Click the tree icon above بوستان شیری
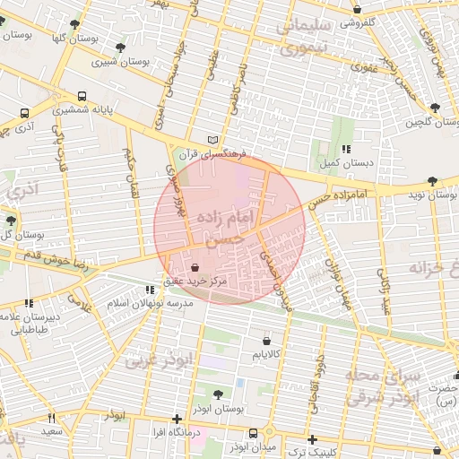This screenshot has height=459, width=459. [x=121, y=48]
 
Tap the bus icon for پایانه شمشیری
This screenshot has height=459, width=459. [x=82, y=94]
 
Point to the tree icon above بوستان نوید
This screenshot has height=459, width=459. [x=434, y=180]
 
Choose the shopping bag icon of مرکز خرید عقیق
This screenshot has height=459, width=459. [x=195, y=267]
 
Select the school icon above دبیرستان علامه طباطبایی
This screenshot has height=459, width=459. [x=29, y=303]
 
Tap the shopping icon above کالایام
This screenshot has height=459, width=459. [x=267, y=341]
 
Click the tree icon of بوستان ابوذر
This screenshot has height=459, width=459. [x=219, y=394]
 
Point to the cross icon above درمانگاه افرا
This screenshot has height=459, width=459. [x=177, y=419]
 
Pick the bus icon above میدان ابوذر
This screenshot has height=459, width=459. [x=253, y=433]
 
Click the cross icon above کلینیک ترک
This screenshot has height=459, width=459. [x=311, y=439]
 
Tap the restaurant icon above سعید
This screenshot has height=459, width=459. [x=51, y=418]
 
